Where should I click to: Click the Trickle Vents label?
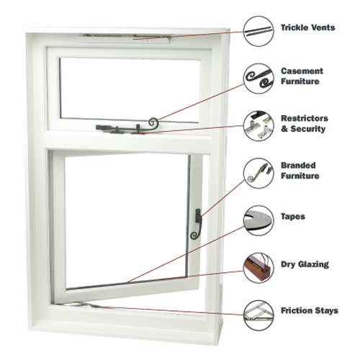pyautogui.click(x=308, y=27)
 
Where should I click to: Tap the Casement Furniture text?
pyautogui.click(x=302, y=76)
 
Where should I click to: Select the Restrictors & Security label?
pyautogui.click(x=305, y=123)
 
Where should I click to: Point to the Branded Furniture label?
pyautogui.click(x=300, y=171)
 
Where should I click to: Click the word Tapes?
pyautogui.click(x=293, y=217)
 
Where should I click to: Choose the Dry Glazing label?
pyautogui.click(x=305, y=264)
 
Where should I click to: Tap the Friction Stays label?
pyautogui.click(x=310, y=310)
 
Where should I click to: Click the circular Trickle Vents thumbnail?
pyautogui.click(x=258, y=31)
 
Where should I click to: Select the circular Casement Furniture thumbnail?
pyautogui.click(x=258, y=78)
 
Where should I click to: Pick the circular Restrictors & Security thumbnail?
pyautogui.click(x=258, y=126)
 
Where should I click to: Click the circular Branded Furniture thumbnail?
pyautogui.click(x=258, y=173)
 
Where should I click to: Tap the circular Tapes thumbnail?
pyautogui.click(x=258, y=220)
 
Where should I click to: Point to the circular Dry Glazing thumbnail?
pyautogui.click(x=258, y=268)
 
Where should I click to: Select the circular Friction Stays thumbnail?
pyautogui.click(x=258, y=315)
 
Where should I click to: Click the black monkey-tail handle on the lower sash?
pyautogui.click(x=197, y=224)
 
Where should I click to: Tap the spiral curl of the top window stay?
pyautogui.click(x=153, y=122)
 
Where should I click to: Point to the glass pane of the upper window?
pyautogui.click(x=130, y=89)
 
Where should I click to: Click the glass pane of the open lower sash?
pyautogui.click(x=127, y=220)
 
